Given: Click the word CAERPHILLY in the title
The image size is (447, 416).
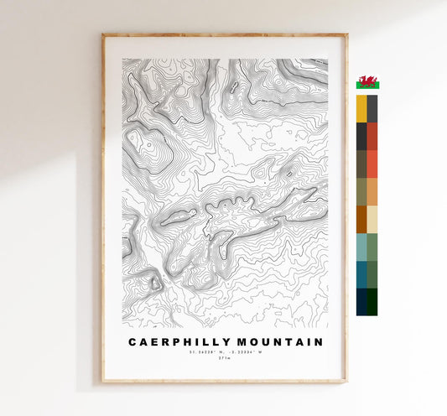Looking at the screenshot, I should (174, 342).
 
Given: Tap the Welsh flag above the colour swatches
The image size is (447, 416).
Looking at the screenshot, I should (367, 82).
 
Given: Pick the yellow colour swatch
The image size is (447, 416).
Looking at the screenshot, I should (361, 108).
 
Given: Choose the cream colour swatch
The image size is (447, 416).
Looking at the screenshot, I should (372, 219).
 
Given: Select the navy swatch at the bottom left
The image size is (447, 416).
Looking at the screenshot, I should (361, 302).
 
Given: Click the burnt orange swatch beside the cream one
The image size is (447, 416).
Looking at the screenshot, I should (361, 219).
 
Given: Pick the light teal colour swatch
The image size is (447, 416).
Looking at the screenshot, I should (361, 247).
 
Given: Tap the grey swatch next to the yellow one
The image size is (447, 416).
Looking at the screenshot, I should (372, 108).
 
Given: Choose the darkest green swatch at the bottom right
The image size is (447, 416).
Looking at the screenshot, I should (372, 302).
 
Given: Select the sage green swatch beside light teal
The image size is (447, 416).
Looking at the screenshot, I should (372, 247).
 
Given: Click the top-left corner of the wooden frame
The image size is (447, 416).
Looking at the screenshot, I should (103, 35).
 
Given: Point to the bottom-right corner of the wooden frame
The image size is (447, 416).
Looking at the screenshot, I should (346, 382).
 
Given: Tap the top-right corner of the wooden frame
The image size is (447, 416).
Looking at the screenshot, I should (346, 35).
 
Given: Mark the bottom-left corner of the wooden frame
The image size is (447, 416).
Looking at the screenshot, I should (103, 382).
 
